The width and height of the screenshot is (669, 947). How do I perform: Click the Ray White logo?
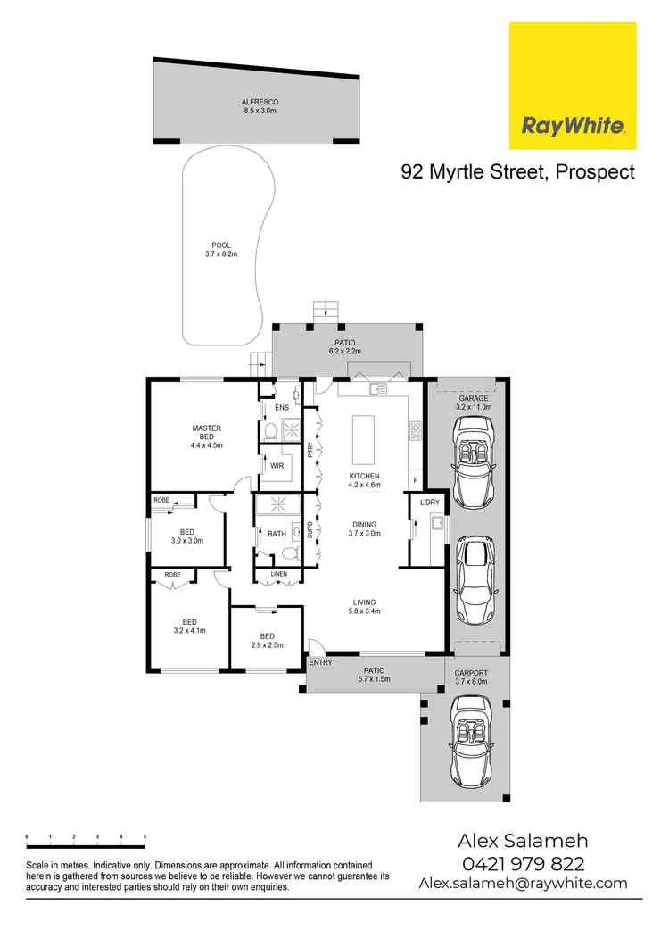(x=573, y=86)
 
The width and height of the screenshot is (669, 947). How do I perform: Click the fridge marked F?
(x=414, y=480)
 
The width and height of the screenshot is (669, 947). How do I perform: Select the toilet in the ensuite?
(x=270, y=432)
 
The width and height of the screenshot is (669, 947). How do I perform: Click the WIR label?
(x=277, y=466)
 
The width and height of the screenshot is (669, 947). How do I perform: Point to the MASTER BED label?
(x=206, y=433)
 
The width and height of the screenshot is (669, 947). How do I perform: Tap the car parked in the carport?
(x=469, y=735)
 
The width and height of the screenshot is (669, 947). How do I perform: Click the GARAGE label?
(x=474, y=398)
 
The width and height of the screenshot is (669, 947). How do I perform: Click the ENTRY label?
(x=320, y=663)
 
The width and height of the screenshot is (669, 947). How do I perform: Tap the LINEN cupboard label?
(x=277, y=575)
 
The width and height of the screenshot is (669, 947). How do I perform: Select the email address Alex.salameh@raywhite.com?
(x=523, y=883)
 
